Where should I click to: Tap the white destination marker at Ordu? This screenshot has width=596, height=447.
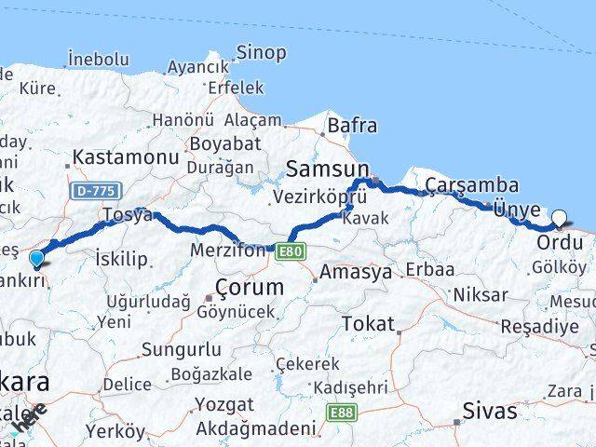click(x=559, y=219)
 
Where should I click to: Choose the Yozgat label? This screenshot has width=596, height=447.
click(x=223, y=404)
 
